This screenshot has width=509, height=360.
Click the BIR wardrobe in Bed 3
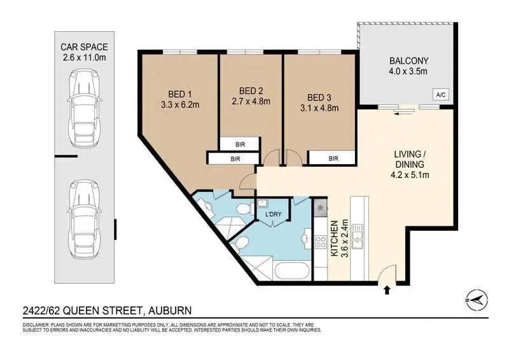[333, 158]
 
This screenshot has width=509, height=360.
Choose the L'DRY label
[273, 214]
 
